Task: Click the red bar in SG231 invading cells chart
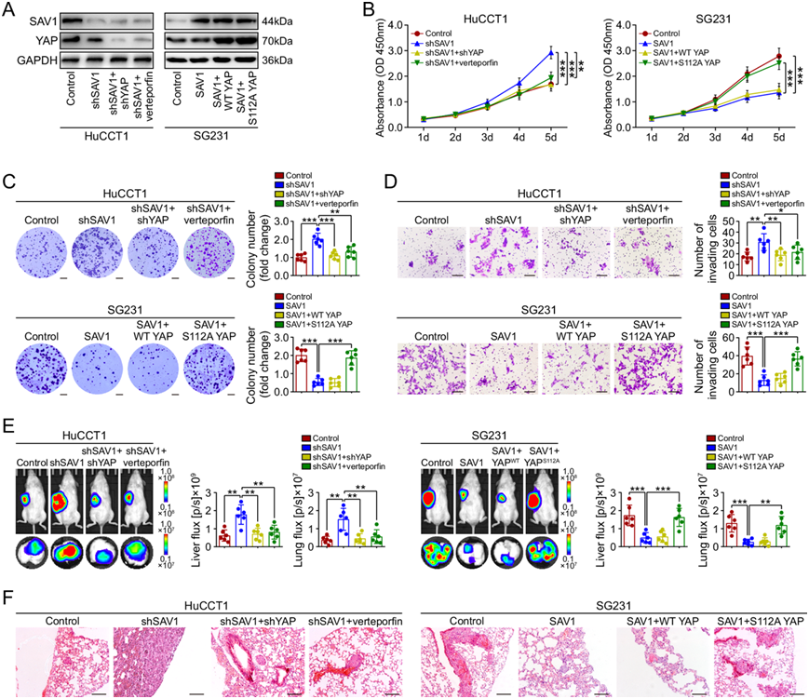pyautogui.click(x=721, y=368)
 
